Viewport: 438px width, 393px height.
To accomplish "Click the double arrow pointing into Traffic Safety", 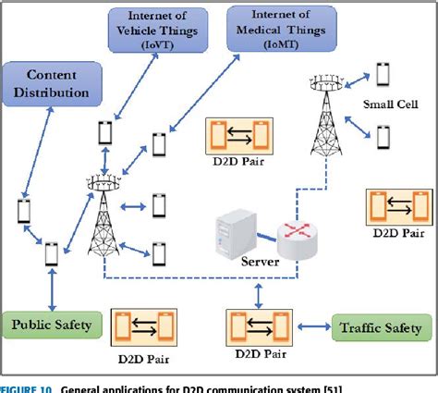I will click(x=315, y=326).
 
